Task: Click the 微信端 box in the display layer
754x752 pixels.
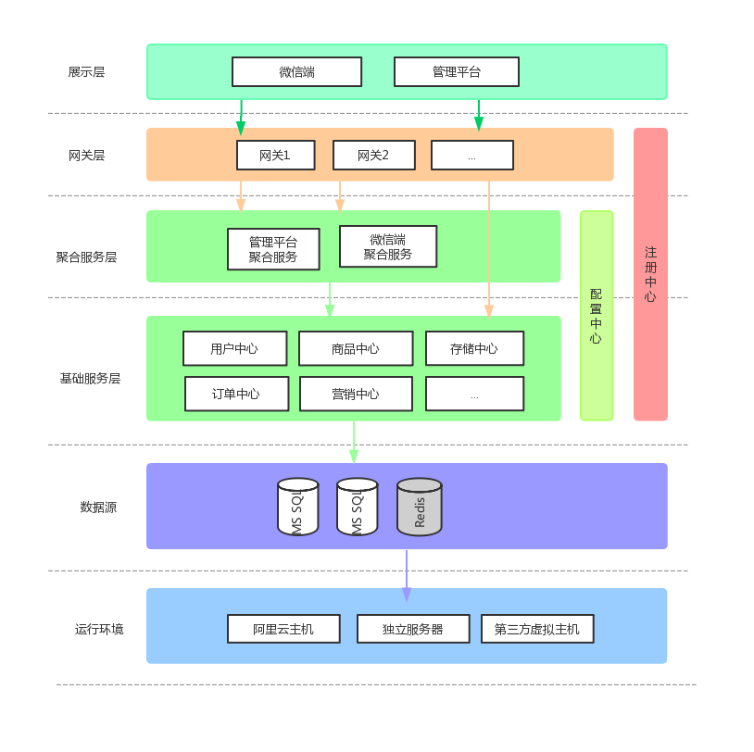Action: coord(296,72)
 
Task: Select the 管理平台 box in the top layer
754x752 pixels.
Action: coord(456,72)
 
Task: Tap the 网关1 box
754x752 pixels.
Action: coord(275,156)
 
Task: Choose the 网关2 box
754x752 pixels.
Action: coord(373,156)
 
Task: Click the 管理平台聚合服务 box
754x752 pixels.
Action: coord(273,249)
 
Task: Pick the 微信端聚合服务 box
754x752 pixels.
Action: coord(387,246)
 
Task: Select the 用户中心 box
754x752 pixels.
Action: coord(234,348)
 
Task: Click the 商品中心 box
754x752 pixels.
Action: coord(355,348)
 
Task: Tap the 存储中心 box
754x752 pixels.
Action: coord(474,348)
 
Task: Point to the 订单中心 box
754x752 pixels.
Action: coord(236,394)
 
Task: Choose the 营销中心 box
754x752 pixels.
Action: coord(356,394)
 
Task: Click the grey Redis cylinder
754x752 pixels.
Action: coord(420,508)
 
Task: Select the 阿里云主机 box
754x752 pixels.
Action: coord(283,629)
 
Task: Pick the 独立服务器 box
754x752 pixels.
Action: coord(413,629)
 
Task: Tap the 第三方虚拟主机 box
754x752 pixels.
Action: coord(537,629)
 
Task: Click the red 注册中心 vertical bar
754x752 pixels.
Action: coord(650,274)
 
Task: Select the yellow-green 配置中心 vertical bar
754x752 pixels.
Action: coord(597,316)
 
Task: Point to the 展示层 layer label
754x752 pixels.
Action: coord(86,72)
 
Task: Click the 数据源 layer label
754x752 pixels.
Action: coord(98,507)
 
